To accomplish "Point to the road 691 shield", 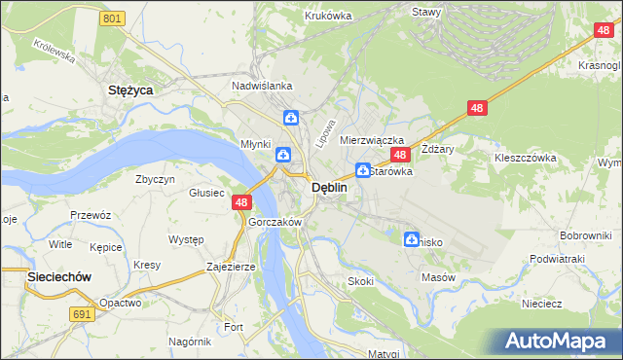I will (83, 314).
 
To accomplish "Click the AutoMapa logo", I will (558, 342).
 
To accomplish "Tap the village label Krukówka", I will (328, 16).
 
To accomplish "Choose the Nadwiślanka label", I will (262, 86).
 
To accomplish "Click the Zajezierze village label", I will (231, 266).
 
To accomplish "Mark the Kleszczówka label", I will (525, 157).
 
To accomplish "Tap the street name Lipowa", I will (325, 133).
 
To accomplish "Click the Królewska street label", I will (54, 51).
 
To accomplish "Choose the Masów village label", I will (438, 277).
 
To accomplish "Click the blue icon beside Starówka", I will (361, 169).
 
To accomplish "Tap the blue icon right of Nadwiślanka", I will (290, 118).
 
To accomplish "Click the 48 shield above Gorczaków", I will (241, 202).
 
